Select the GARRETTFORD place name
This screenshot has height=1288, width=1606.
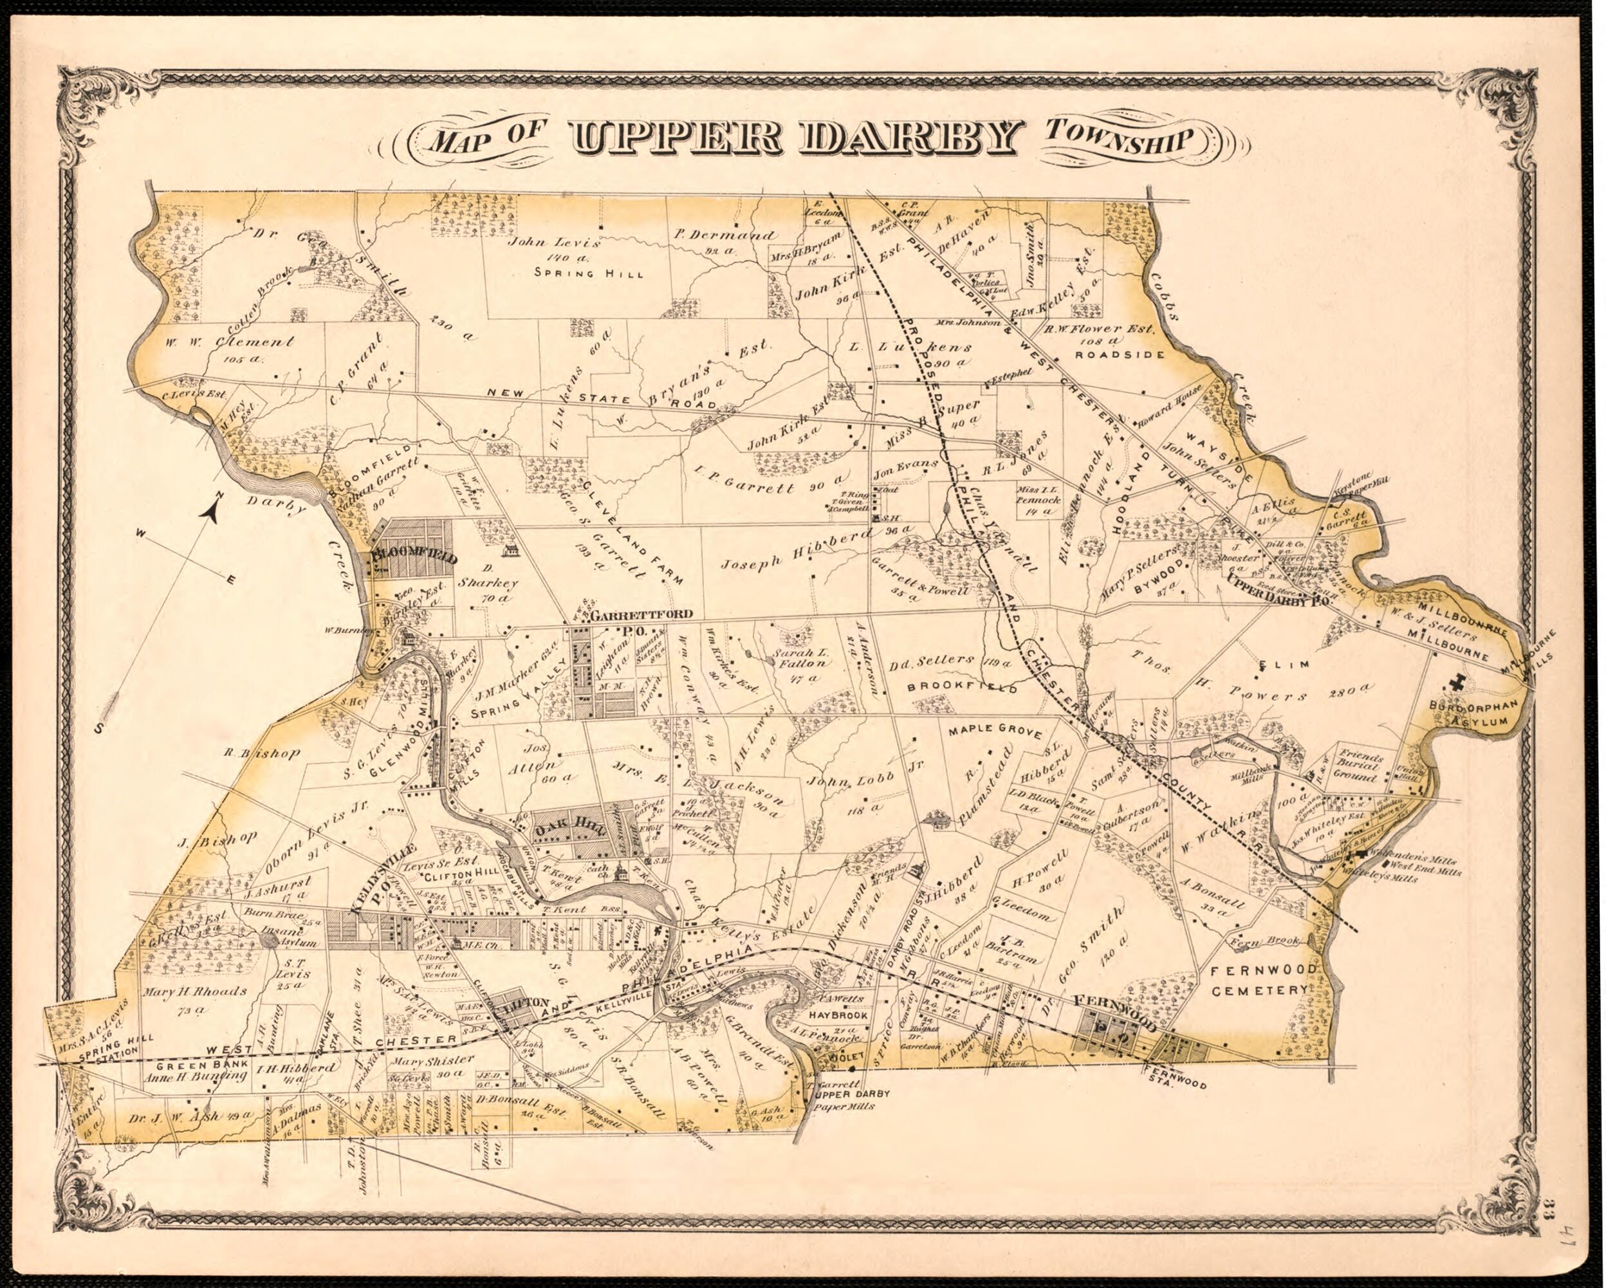point(642,614)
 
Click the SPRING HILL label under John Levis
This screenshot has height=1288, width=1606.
point(589,273)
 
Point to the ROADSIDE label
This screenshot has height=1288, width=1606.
point(1120,355)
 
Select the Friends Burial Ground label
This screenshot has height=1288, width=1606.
point(1360,765)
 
